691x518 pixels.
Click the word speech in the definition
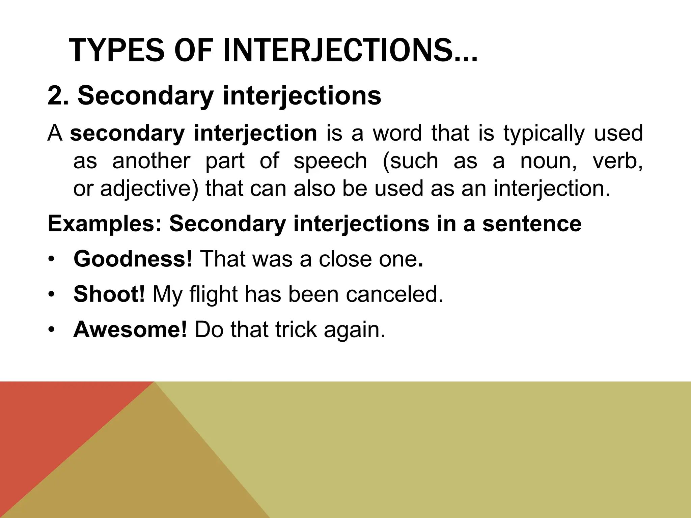pyautogui.click(x=330, y=161)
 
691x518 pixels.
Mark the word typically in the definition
pyautogui.click(x=544, y=133)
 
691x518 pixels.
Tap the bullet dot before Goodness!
pyautogui.click(x=51, y=259)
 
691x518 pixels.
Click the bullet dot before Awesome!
pyautogui.click(x=51, y=330)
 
